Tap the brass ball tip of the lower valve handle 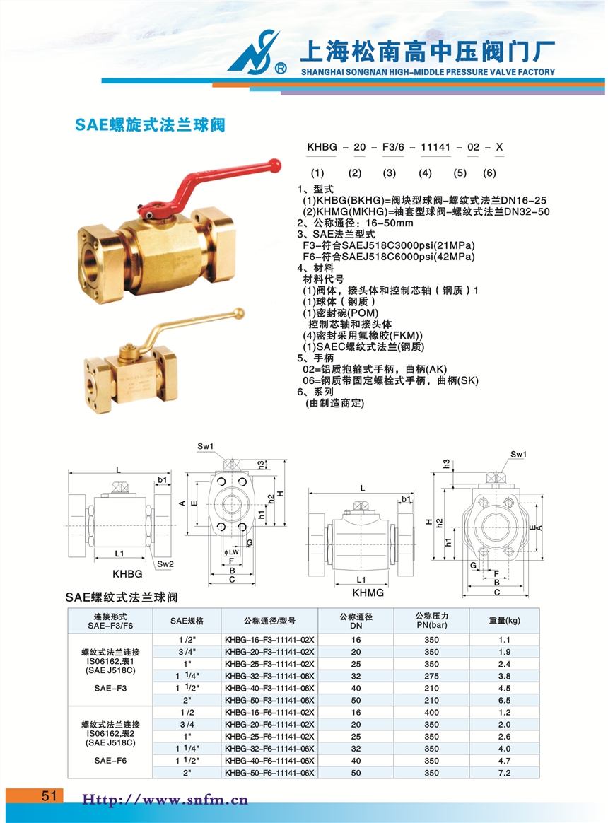click(x=239, y=313)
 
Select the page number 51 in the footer click(x=49, y=795)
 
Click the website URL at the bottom click(x=165, y=800)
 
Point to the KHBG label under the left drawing click(x=127, y=573)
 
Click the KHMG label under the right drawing click(x=368, y=593)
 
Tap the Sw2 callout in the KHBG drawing click(x=165, y=564)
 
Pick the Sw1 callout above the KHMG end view click(x=518, y=454)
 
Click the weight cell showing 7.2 click(x=504, y=773)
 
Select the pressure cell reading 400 click(x=431, y=712)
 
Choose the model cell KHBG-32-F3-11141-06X click(x=269, y=676)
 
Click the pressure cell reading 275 click(x=431, y=676)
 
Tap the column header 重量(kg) click(x=505, y=620)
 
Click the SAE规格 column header click(x=187, y=621)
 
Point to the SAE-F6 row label click(x=110, y=761)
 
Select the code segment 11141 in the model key click(x=435, y=147)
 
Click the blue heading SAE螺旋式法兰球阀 click(x=150, y=125)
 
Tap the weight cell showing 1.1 click(x=504, y=640)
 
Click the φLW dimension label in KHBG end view click(x=231, y=552)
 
